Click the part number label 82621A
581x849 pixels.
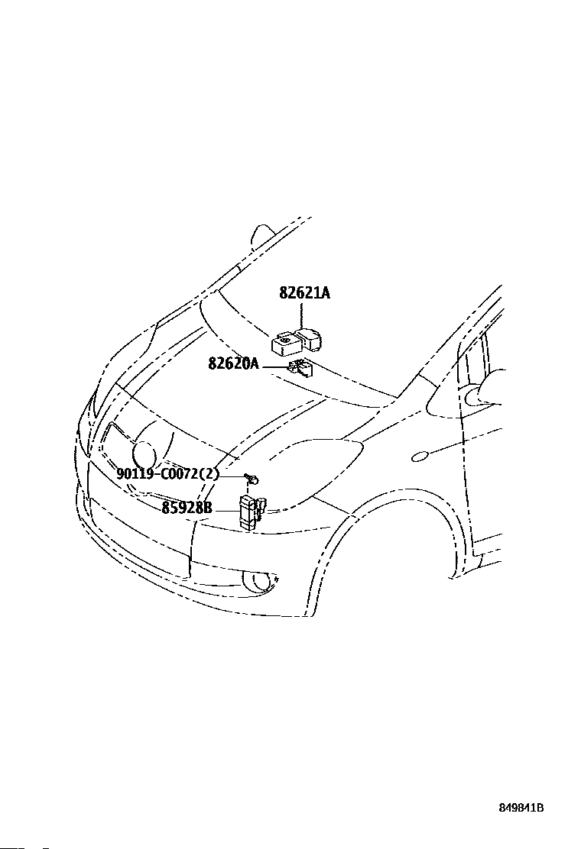click(304, 293)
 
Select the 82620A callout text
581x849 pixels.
click(233, 364)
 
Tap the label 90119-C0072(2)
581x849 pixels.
click(167, 474)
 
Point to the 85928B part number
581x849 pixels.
click(187, 506)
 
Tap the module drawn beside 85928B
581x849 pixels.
click(250, 508)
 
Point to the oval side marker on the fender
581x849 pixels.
click(420, 457)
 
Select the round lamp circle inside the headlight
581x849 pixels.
click(144, 456)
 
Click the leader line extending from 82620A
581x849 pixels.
click(273, 367)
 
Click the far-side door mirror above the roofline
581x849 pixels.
click(264, 234)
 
